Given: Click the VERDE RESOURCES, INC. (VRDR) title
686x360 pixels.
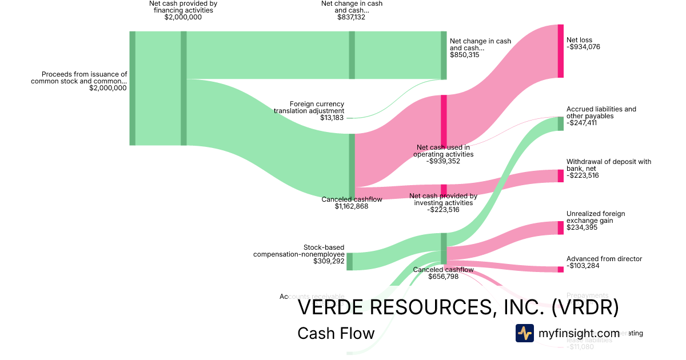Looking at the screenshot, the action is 458,307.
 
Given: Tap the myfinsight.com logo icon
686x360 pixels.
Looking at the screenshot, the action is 524,333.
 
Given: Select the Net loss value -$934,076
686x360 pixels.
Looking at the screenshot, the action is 583,47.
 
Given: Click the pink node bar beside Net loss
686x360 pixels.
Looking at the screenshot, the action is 560,51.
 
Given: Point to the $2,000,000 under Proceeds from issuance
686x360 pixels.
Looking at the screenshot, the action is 108,88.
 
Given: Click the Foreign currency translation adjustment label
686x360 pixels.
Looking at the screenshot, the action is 317,107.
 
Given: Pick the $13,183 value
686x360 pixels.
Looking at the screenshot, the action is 333,118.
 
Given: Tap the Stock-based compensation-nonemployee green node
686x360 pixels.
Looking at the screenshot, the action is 349,261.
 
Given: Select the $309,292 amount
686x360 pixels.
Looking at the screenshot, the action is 329,261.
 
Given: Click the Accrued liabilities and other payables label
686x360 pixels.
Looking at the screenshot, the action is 601,113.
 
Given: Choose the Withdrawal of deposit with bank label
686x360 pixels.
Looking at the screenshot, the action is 608,165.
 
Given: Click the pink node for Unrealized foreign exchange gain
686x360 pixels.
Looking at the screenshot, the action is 560,227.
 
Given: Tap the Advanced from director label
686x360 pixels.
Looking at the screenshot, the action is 604,259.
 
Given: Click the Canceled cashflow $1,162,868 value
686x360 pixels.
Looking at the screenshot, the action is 351,206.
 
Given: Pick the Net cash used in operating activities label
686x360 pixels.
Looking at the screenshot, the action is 444,151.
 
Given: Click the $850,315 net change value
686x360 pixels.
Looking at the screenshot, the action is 464,55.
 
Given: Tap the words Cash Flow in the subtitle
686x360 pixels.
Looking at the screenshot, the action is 336,333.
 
